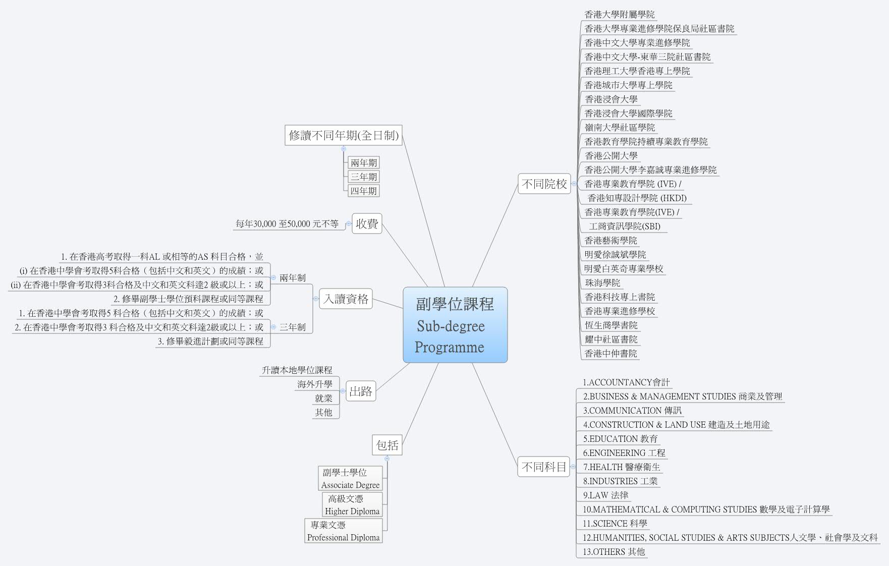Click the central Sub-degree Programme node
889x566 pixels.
tap(455, 325)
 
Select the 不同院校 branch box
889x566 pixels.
tap(544, 184)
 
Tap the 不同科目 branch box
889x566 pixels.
tap(544, 467)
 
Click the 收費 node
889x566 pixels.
tap(366, 223)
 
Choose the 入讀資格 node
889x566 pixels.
tap(346, 299)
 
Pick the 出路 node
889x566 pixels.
tap(360, 391)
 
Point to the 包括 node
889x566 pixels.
tap(387, 445)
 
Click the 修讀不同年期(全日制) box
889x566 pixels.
tap(343, 135)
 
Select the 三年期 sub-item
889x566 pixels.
tap(363, 177)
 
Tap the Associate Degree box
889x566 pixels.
tap(350, 478)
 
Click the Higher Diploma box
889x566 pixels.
tap(352, 504)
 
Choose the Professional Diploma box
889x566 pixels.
tap(343, 531)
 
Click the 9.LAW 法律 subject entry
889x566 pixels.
tap(605, 495)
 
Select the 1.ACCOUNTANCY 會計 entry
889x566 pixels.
tap(626, 382)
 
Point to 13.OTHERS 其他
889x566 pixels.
tap(614, 552)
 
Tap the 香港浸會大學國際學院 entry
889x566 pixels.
tap(628, 114)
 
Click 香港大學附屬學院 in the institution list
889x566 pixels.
tap(620, 15)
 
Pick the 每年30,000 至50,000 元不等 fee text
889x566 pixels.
tap(287, 223)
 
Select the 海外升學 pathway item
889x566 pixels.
tap(314, 384)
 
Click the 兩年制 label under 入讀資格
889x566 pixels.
tap(292, 278)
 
